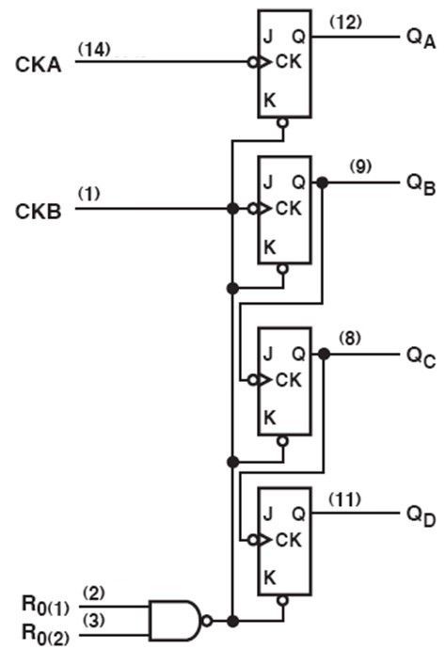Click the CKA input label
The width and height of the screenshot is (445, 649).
[x=38, y=65]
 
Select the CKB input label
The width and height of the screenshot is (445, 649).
[x=38, y=212]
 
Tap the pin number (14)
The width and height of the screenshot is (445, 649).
[x=94, y=50]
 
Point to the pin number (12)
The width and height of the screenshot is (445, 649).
[x=345, y=22]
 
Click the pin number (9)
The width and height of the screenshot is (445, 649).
[x=360, y=166]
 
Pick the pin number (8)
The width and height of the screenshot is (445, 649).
[x=350, y=339]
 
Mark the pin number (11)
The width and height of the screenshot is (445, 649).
[x=344, y=499]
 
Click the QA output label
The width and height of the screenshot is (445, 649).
[x=421, y=39]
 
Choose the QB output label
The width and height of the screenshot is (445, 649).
[x=421, y=184]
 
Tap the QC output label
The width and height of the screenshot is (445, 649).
[x=421, y=356]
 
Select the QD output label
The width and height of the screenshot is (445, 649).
[x=421, y=516]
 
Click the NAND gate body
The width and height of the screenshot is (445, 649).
[x=174, y=621]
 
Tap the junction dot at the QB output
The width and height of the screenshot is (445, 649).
[x=322, y=182]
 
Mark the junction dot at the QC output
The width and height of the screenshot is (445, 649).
[x=325, y=354]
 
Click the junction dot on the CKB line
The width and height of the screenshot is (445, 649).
[x=233, y=208]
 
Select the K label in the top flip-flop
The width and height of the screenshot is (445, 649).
[x=270, y=101]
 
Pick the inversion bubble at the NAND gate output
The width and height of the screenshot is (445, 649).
[x=207, y=621]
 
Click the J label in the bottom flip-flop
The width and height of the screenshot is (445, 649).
[x=268, y=514]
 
